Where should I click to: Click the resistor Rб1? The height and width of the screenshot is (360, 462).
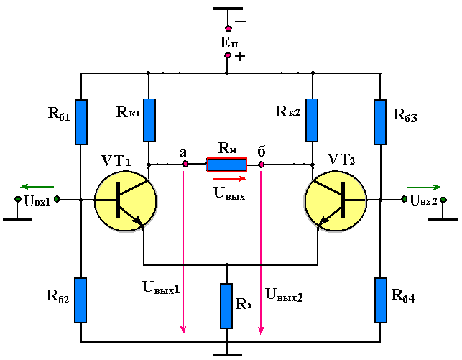pos(81,122)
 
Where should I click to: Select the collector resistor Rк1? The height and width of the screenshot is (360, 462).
pos(149,120)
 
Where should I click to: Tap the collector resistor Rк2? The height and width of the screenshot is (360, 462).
pos(312,120)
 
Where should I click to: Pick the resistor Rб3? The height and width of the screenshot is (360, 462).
pos(380,122)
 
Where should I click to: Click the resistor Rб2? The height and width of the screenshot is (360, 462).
pos(80,300)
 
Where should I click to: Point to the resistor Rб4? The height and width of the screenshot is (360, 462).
pos(381,300)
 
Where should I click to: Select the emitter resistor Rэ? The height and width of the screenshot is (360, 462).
pos(226,306)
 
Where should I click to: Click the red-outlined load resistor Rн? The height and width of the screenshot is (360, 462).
pos(226,165)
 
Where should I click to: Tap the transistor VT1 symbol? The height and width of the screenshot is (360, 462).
pos(126,201)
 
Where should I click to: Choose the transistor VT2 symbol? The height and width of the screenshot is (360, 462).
pos(336,201)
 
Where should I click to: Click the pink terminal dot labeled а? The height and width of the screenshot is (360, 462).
pos(185,164)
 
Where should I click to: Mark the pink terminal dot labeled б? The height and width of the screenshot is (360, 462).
pos(261,165)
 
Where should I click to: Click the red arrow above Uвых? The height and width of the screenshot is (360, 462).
pos(229,178)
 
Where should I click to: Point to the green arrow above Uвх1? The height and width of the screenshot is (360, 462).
pos(37,187)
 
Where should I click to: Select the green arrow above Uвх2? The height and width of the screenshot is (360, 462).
pos(425,187)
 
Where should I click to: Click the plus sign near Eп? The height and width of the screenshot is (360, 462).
pos(240,56)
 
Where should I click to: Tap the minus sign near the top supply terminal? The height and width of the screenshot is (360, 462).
pos(241,22)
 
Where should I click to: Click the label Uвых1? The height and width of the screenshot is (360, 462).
pos(161,287)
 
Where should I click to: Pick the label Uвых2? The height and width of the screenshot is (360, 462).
pos(284,295)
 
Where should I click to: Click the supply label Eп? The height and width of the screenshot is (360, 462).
pos(229,42)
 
